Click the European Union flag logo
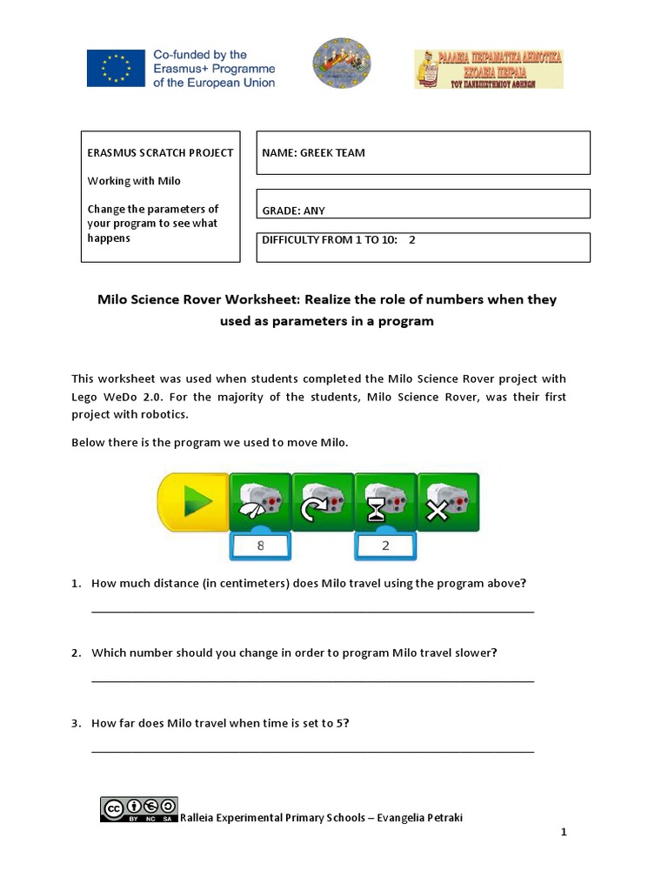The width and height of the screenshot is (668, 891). click(115, 68)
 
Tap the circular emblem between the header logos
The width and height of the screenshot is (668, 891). click(342, 66)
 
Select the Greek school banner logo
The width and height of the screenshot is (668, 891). click(488, 69)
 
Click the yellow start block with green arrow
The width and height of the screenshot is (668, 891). click(194, 503)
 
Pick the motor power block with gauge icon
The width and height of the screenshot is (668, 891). click(259, 502)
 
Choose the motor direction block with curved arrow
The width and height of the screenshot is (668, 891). click(322, 502)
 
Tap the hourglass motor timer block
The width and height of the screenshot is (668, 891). click(385, 502)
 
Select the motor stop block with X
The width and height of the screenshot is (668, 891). click(447, 502)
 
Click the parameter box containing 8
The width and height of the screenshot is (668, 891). click(260, 547)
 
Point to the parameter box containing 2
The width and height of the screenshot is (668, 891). click(385, 547)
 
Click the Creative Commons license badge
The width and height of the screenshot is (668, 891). click(139, 809)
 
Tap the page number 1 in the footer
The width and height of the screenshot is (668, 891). click(564, 833)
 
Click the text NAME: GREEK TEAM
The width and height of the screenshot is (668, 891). click(314, 153)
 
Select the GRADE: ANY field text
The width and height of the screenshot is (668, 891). click(294, 211)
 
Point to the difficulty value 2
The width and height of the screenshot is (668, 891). click(412, 240)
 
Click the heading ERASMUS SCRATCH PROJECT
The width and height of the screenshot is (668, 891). click(160, 153)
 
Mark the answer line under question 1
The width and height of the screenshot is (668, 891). click(312, 611)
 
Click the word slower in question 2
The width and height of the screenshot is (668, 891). click(476, 653)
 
